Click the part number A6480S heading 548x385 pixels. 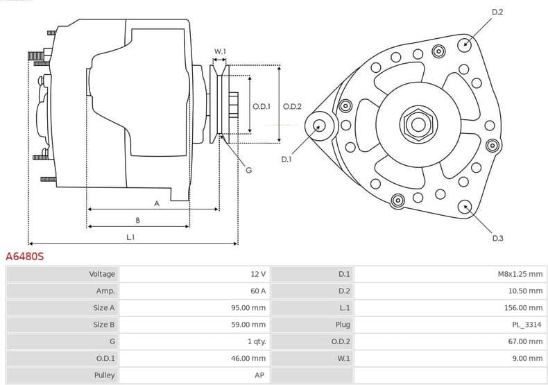pos(25,257)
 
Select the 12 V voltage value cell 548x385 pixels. pos(258,274)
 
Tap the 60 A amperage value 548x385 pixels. pos(258,291)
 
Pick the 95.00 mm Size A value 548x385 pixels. pos(248,307)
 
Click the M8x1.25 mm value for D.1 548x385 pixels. pos(520,274)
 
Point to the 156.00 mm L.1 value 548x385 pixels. pos(524,307)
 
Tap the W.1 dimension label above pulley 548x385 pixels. pos(220,51)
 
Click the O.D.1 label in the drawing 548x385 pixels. pos(261,106)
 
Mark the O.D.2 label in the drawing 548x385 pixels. pos(292,106)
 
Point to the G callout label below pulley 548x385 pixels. pos(248,170)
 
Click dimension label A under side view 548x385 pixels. pos(157,203)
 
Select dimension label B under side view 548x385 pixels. pos(137,221)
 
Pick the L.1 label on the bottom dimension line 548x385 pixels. pos(130,237)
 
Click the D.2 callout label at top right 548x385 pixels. pos(497,12)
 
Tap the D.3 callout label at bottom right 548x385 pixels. pos(497,238)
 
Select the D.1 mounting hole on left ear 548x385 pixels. pos(320,126)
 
